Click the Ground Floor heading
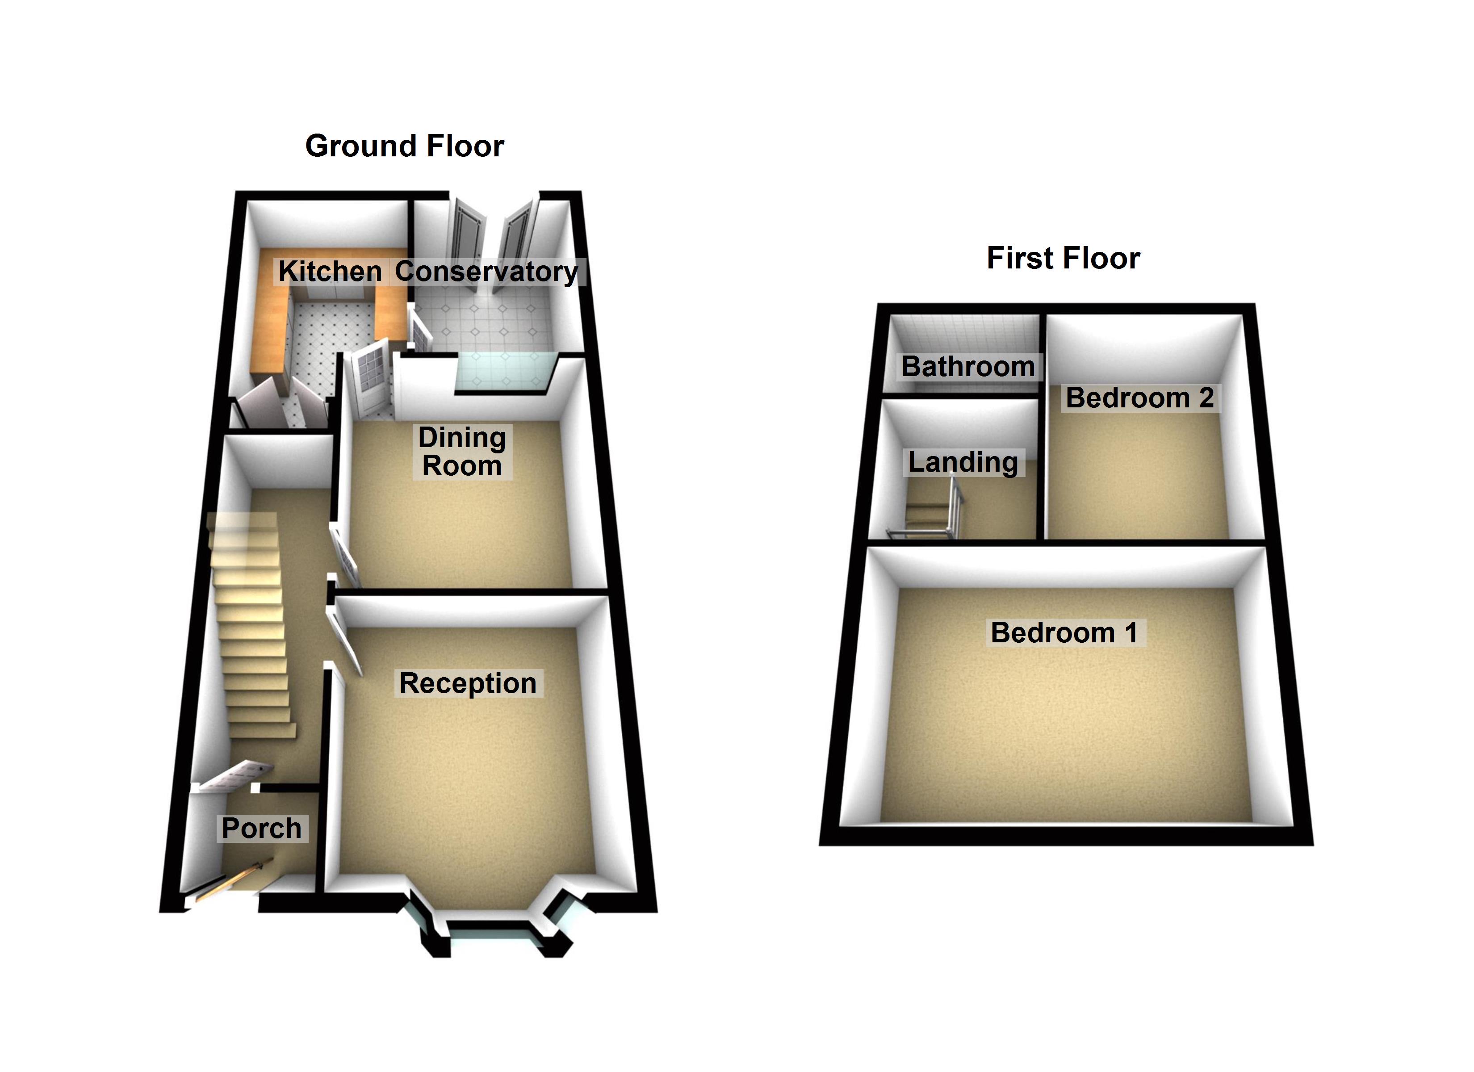pyautogui.click(x=404, y=146)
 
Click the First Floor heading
pyautogui.click(x=1063, y=258)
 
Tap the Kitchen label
pyautogui.click(x=330, y=272)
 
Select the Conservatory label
pyautogui.click(x=486, y=272)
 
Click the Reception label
pyautogui.click(x=468, y=683)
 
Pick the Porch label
pyautogui.click(x=261, y=828)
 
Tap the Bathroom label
pyautogui.click(x=968, y=367)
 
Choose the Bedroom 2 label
pyautogui.click(x=1140, y=398)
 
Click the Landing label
pyautogui.click(x=963, y=462)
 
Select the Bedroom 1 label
pyautogui.click(x=1064, y=632)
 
